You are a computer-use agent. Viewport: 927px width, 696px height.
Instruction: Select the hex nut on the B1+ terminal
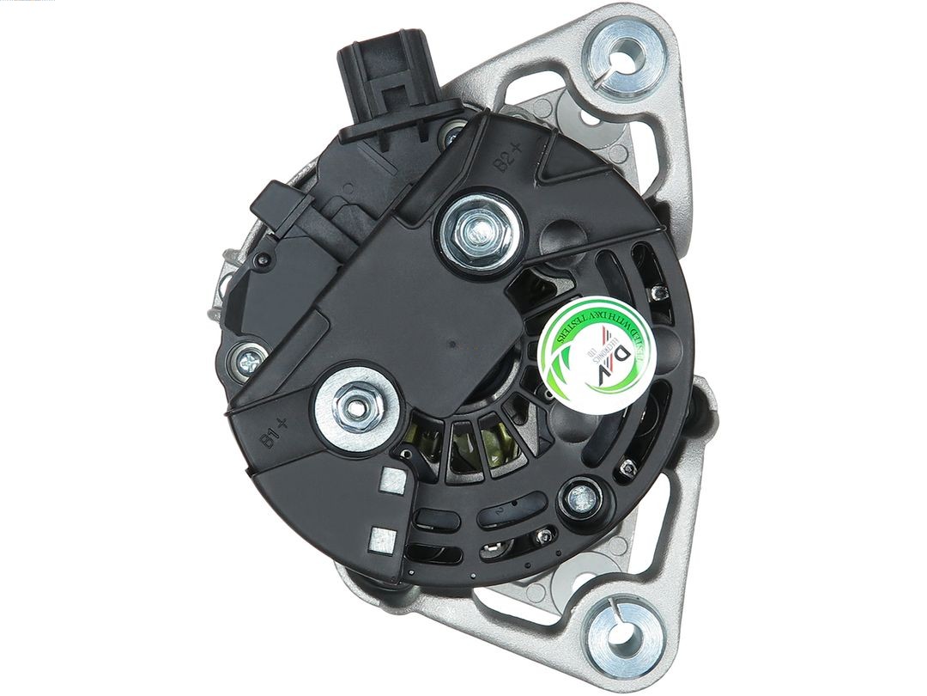(354, 401)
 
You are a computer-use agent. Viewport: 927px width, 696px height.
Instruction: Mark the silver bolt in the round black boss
(582, 496)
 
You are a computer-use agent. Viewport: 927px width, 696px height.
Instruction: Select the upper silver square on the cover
(392, 480)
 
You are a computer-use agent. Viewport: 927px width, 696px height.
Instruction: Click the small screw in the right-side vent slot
(659, 294)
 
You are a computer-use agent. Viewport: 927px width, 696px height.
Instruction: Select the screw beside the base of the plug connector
(452, 135)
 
